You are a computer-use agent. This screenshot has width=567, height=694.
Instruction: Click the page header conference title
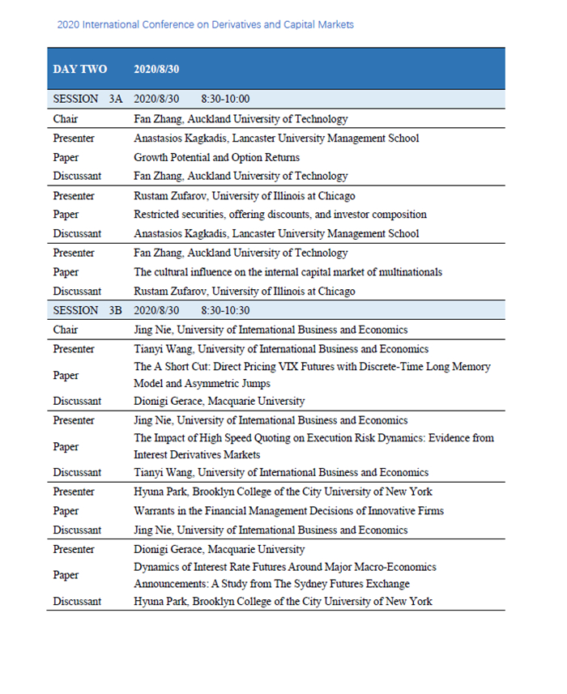pyautogui.click(x=205, y=24)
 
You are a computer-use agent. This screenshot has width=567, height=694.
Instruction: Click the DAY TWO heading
pyautogui.click(x=79, y=69)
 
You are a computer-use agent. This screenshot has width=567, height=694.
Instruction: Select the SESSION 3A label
pyautogui.click(x=87, y=100)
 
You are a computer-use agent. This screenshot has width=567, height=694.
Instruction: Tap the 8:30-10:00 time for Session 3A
pyautogui.click(x=225, y=100)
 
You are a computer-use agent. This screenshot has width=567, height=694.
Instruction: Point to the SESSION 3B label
pyautogui.click(x=87, y=310)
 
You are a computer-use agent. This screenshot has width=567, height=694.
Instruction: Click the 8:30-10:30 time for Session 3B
pyautogui.click(x=225, y=310)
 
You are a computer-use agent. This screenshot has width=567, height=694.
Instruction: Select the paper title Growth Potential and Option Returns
pyautogui.click(x=216, y=157)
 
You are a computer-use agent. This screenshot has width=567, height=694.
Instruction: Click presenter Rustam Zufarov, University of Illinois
pyautogui.click(x=244, y=195)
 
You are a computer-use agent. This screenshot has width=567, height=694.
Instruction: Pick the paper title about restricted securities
pyautogui.click(x=279, y=215)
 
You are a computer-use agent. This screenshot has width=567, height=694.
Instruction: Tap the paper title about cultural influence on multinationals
pyautogui.click(x=288, y=272)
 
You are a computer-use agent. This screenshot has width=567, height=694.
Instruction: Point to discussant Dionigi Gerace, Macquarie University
pyautogui.click(x=219, y=401)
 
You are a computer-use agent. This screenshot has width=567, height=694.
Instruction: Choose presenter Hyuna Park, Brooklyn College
pyautogui.click(x=283, y=492)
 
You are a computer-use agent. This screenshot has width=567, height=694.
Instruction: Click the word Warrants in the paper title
pyautogui.click(x=155, y=511)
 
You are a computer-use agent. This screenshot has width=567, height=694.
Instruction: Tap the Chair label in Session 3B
pyautogui.click(x=66, y=330)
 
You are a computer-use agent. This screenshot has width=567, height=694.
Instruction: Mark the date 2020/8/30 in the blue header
pyautogui.click(x=156, y=69)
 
